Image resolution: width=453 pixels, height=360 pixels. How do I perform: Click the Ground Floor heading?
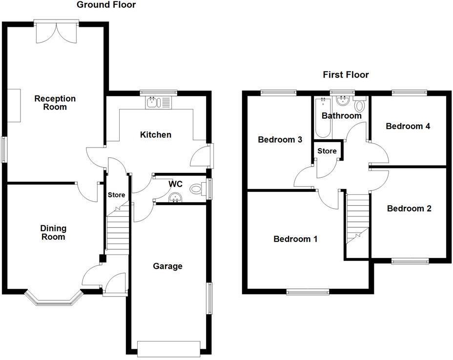point(106,5)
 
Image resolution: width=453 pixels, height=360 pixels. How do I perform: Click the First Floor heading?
point(346,75)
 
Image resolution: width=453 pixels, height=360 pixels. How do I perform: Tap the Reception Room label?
point(55,103)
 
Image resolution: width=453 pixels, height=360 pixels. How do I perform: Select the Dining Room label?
point(53,233)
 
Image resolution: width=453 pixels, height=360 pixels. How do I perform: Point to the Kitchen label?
point(156,134)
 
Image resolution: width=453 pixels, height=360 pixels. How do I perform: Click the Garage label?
point(167,266)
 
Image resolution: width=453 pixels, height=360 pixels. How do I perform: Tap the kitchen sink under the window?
point(159,103)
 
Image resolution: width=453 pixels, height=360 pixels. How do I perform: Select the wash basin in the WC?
point(175,198)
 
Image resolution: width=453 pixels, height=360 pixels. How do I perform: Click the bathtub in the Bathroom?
point(323,118)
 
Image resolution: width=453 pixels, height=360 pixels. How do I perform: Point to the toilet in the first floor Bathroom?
point(360,106)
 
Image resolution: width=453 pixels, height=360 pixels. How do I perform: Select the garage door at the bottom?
point(169,348)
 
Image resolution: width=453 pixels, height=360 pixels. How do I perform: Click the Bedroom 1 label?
point(295,239)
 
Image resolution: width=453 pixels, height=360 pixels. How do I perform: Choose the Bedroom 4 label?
point(408,126)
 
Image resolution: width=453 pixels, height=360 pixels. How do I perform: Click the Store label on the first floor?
point(327,151)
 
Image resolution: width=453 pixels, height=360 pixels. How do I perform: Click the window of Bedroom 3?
point(278,92)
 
